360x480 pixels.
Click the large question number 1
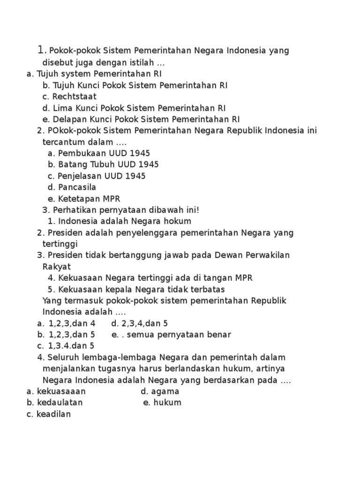click(x=41, y=49)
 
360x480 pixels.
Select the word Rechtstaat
click(x=75, y=97)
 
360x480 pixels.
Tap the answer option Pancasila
click(x=77, y=187)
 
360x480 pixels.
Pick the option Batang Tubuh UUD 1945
click(x=108, y=165)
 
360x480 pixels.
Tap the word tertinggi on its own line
click(x=60, y=244)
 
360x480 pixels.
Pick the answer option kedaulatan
click(x=60, y=403)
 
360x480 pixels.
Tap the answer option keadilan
click(x=54, y=414)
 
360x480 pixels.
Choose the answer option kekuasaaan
click(x=61, y=391)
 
